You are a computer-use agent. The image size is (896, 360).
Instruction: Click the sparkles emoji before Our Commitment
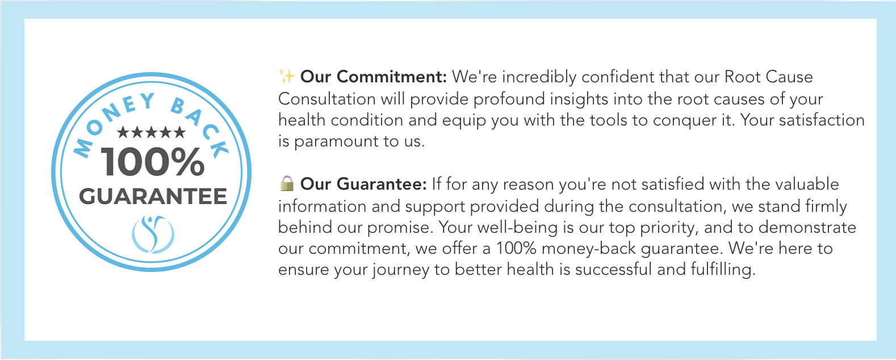tap(286, 76)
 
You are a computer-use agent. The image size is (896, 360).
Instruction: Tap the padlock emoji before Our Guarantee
tap(287, 183)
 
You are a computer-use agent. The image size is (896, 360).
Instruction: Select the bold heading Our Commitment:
tap(373, 77)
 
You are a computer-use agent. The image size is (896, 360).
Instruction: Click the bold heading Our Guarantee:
tap(363, 184)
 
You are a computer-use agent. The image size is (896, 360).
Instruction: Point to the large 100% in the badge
tap(152, 162)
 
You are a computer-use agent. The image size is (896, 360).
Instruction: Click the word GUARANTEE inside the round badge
tap(153, 196)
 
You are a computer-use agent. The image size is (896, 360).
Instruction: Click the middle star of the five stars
tap(151, 132)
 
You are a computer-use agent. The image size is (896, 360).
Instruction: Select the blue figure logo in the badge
tap(153, 235)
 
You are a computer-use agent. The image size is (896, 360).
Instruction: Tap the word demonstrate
tap(807, 227)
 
